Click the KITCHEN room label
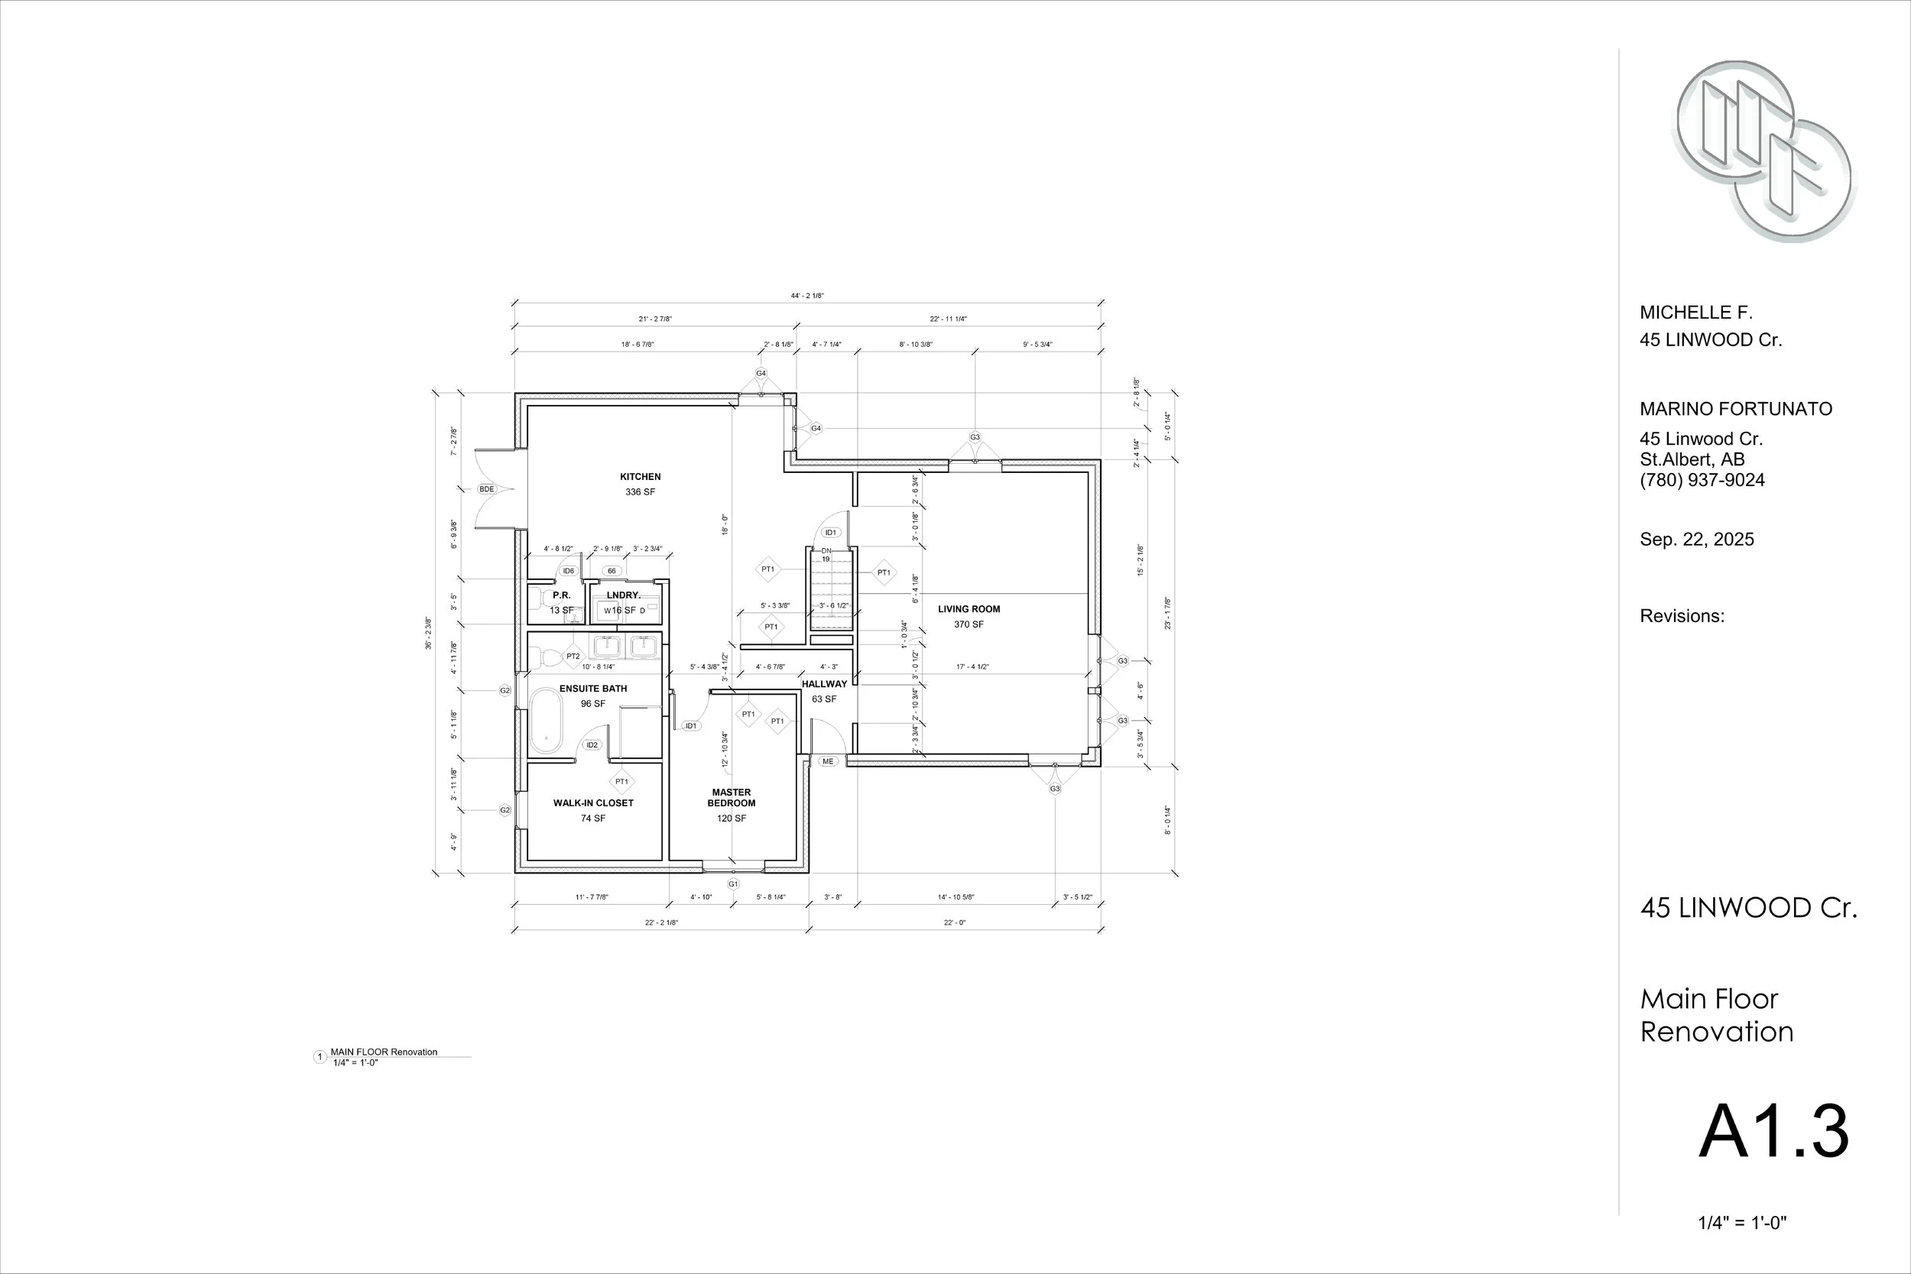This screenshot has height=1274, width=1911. pyautogui.click(x=641, y=477)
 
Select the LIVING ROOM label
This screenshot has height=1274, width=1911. pyautogui.click(x=968, y=609)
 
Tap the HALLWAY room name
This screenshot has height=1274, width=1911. pyautogui.click(x=824, y=684)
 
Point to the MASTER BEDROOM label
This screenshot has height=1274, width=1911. pyautogui.click(x=732, y=798)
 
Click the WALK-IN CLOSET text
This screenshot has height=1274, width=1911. pyautogui.click(x=593, y=802)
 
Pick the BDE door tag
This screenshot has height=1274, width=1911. pyautogui.click(x=487, y=489)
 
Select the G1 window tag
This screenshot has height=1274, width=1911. pyautogui.click(x=733, y=884)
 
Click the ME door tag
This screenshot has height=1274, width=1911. pyautogui.click(x=827, y=761)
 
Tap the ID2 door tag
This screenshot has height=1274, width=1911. pyautogui.click(x=592, y=745)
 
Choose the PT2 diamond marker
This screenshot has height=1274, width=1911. pyautogui.click(x=573, y=656)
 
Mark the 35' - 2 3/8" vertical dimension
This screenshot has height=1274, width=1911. pyautogui.click(x=428, y=633)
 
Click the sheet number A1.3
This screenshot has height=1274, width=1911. pyautogui.click(x=1773, y=1131)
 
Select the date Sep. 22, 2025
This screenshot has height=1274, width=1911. pyautogui.click(x=1696, y=540)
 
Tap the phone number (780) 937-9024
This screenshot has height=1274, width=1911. pyautogui.click(x=1702, y=480)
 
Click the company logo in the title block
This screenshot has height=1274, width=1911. pyautogui.click(x=1763, y=151)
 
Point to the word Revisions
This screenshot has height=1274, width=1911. pyautogui.click(x=1682, y=616)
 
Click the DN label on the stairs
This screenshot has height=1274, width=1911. pyautogui.click(x=826, y=551)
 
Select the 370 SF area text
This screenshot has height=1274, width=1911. pyautogui.click(x=968, y=625)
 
